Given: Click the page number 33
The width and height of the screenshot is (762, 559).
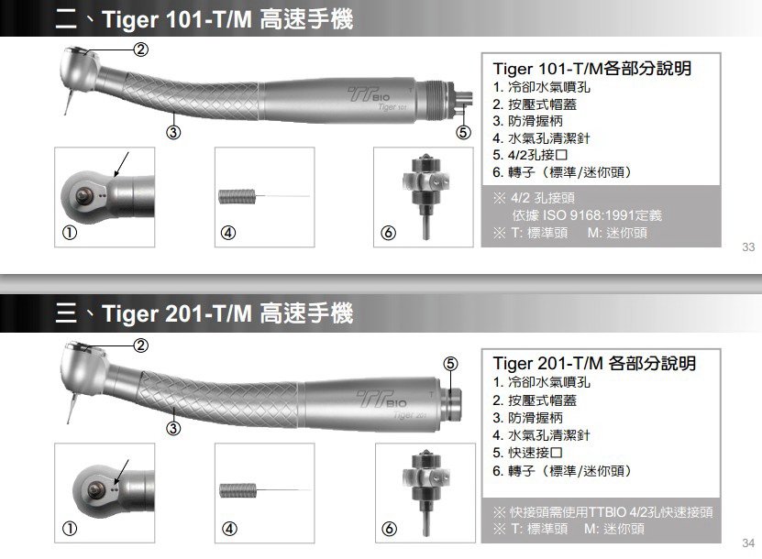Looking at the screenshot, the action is point(748,247).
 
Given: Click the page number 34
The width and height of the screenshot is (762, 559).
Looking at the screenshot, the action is point(748,543).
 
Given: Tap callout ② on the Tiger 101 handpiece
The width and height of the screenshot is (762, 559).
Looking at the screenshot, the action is point(140,49).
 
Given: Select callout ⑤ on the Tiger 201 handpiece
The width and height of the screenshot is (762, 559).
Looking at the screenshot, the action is point(450,364).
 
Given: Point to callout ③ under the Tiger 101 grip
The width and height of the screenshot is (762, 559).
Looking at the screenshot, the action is point(173,132).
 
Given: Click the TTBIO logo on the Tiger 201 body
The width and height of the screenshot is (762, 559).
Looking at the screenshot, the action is point(382,400).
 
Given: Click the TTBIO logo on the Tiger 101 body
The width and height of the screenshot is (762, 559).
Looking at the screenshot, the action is point(370,93).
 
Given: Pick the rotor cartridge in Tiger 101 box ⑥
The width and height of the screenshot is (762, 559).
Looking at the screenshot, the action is point(425,197).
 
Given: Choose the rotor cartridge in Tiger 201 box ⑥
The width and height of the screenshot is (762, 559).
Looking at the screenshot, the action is point(425,492).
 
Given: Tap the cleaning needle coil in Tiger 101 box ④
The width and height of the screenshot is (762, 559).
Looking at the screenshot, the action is point(237,197).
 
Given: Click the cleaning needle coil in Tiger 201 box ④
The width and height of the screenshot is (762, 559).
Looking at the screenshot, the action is point(237,490).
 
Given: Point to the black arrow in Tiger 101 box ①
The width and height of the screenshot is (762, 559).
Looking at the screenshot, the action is point(121,165).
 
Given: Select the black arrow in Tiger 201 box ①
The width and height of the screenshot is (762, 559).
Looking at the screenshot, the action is point(121,472).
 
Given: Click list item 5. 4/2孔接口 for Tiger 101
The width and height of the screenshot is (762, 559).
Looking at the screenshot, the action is point(530,156).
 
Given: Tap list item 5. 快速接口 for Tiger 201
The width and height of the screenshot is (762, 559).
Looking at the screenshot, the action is point(528,453).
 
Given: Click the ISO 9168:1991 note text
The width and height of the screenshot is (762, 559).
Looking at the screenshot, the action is point(587,215).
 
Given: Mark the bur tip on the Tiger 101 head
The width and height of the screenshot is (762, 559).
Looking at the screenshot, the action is point(66,114).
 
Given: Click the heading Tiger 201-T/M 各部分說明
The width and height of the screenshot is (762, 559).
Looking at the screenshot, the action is point(594,363).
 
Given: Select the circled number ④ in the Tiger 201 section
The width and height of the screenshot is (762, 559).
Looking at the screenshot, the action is point(229,529).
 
